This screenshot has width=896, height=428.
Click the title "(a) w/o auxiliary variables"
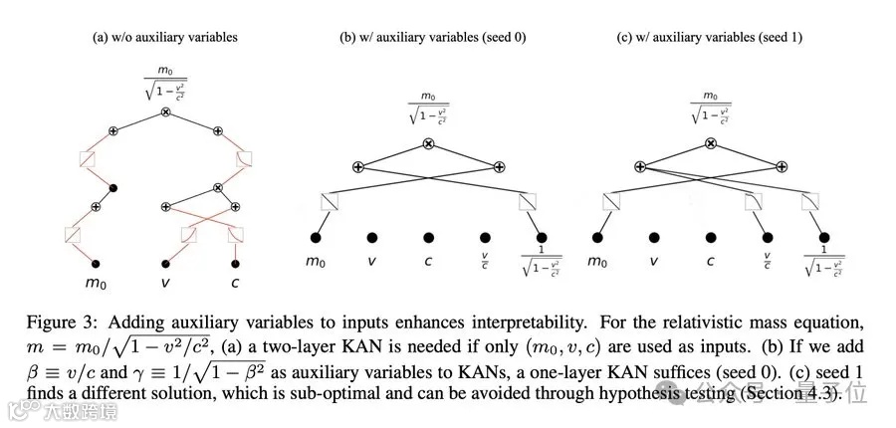pyautogui.click(x=164, y=38)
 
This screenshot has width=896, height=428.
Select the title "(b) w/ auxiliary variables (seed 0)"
pyautogui.click(x=433, y=38)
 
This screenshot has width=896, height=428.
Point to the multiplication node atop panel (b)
pyautogui.click(x=429, y=144)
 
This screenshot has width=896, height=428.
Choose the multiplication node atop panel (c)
pyautogui.click(x=710, y=144)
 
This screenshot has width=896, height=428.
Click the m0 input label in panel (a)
pyautogui.click(x=96, y=282)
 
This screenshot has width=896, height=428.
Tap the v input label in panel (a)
pyautogui.click(x=165, y=282)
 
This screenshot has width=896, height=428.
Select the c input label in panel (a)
pyautogui.click(x=236, y=282)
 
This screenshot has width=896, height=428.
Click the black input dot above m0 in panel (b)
pyautogui.click(x=316, y=238)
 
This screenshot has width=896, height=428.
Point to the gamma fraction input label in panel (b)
pyautogui.click(x=543, y=265)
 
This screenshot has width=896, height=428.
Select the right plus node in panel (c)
pyautogui.click(x=783, y=166)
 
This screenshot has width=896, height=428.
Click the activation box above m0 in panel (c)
pyautogui.click(x=609, y=202)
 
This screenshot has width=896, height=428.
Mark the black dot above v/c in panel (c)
pyautogui.click(x=767, y=238)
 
